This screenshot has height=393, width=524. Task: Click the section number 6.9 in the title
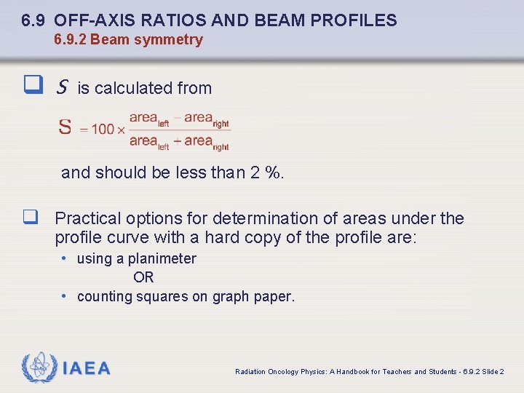click(33, 20)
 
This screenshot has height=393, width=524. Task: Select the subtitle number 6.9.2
click(70, 40)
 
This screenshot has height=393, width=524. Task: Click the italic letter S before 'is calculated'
click(61, 88)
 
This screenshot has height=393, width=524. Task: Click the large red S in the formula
click(65, 128)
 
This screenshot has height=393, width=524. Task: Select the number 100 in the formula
click(103, 130)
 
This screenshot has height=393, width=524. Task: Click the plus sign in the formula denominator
click(177, 141)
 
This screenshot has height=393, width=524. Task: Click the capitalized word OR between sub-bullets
click(143, 277)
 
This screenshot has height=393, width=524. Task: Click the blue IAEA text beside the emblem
click(87, 369)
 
